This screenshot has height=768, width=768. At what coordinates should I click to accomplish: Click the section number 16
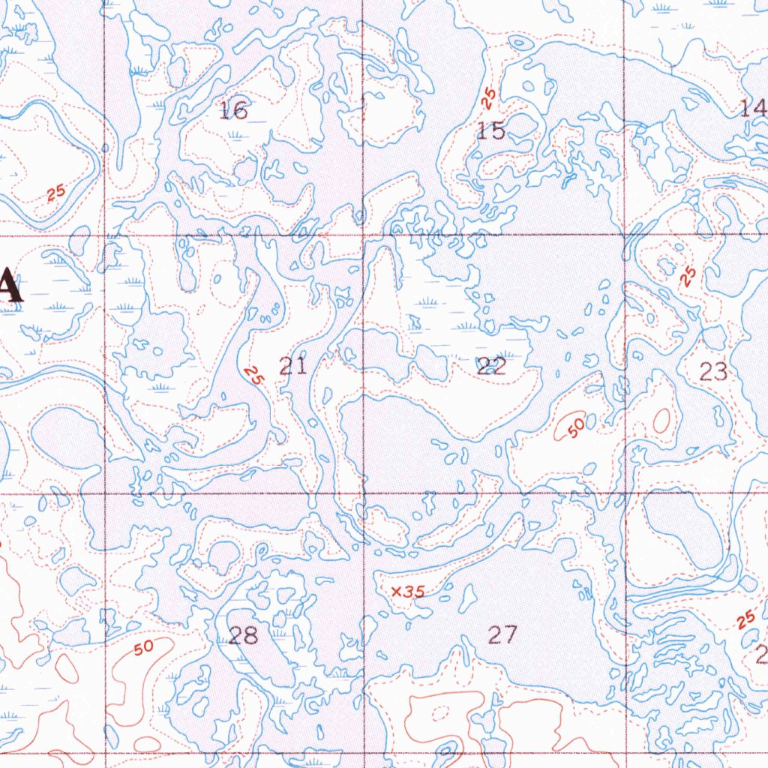pos(233,111)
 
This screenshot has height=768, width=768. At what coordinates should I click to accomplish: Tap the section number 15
pos(491,131)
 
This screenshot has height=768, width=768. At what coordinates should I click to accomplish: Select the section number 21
pos(292,367)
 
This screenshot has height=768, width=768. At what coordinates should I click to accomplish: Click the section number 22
pos(491,366)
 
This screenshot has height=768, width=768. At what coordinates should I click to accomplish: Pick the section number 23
pos(713,370)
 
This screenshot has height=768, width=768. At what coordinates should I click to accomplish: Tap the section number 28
pos(243,636)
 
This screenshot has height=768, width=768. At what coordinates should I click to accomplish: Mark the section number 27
pos(502,635)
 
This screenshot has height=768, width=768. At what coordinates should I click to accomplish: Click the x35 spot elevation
pos(408,592)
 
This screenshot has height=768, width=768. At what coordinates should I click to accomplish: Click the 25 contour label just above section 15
pos(489,97)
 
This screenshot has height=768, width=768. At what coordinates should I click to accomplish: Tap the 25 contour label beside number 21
pos(253,375)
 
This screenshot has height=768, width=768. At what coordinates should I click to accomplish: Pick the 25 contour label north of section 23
pos(688,277)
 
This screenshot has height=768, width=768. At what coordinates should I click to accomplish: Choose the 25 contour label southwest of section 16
pos(55,193)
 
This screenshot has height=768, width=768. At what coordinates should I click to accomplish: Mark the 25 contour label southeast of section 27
pos(745,619)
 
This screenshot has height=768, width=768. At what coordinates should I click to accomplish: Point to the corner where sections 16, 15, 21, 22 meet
pos(363,235)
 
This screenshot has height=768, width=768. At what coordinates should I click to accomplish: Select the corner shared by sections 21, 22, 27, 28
pos(363,493)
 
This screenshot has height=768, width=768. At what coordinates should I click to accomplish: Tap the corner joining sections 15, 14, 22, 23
pos(624,234)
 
